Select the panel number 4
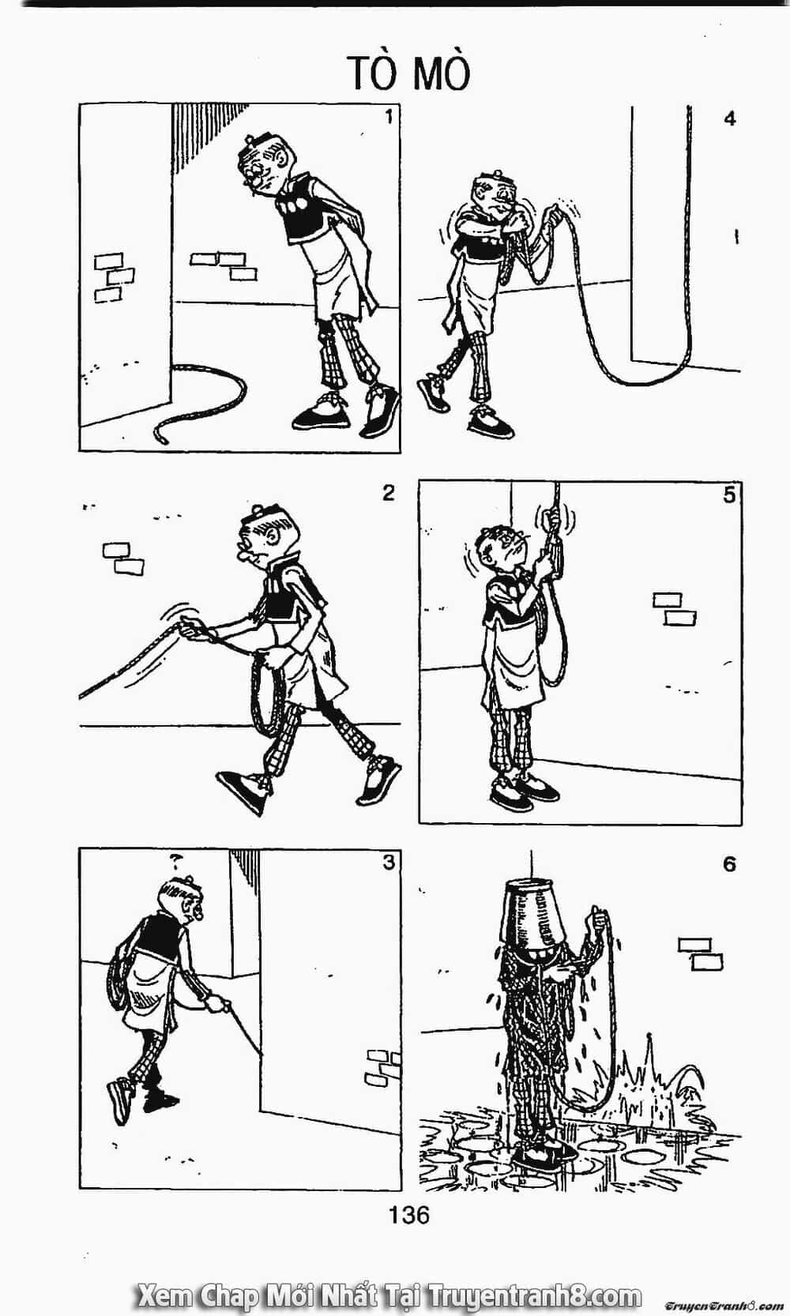(x=729, y=119)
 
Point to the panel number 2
(x=388, y=493)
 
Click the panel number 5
(x=729, y=495)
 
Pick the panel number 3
(x=388, y=862)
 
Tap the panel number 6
(x=729, y=864)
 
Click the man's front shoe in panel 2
(x=244, y=790)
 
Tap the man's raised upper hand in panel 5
(x=551, y=519)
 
